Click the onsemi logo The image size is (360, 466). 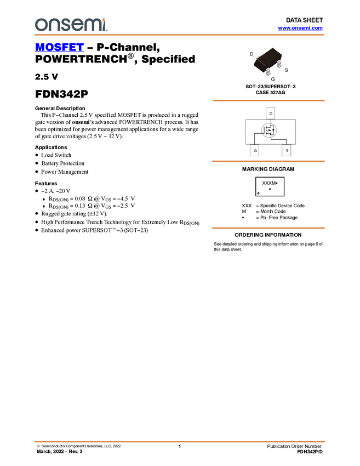click(71, 25)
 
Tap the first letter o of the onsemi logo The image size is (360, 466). click(40, 25)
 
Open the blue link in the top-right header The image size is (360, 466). click(300, 28)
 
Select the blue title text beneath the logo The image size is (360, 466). click(59, 47)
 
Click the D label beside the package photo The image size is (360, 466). click(252, 54)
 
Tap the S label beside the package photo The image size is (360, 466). click(286, 70)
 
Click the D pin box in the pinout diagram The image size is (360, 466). click(270, 113)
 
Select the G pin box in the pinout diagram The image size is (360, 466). click(255, 150)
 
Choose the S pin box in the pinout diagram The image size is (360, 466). click(287, 150)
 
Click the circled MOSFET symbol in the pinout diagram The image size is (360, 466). click(269, 130)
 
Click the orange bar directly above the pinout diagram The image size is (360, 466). click(268, 100)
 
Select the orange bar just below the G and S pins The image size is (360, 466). click(268, 161)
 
